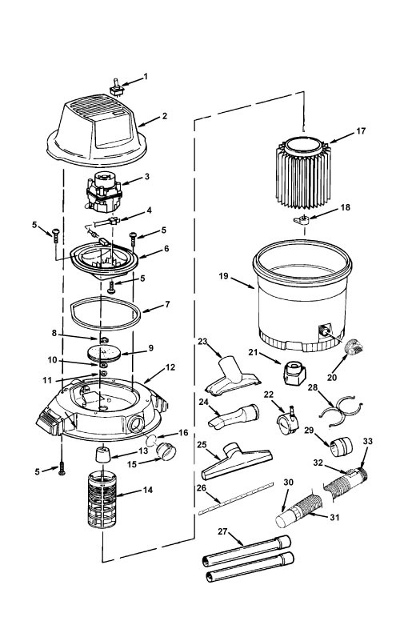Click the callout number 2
[x=165, y=116]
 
